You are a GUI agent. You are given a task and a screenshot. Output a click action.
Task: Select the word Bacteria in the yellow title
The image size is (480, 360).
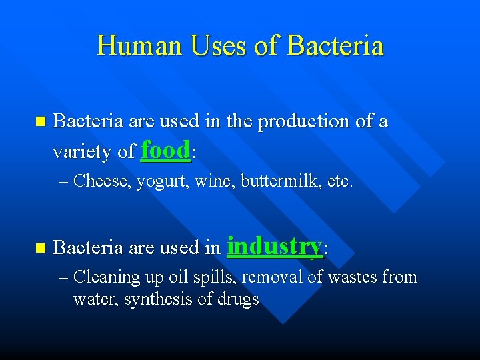click(x=335, y=46)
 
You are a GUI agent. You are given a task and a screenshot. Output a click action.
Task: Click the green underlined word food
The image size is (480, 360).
click(x=166, y=151)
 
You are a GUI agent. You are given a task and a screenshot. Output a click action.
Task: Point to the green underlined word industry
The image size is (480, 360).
click(x=275, y=247)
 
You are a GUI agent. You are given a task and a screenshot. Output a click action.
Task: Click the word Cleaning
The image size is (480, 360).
click(x=106, y=277)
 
